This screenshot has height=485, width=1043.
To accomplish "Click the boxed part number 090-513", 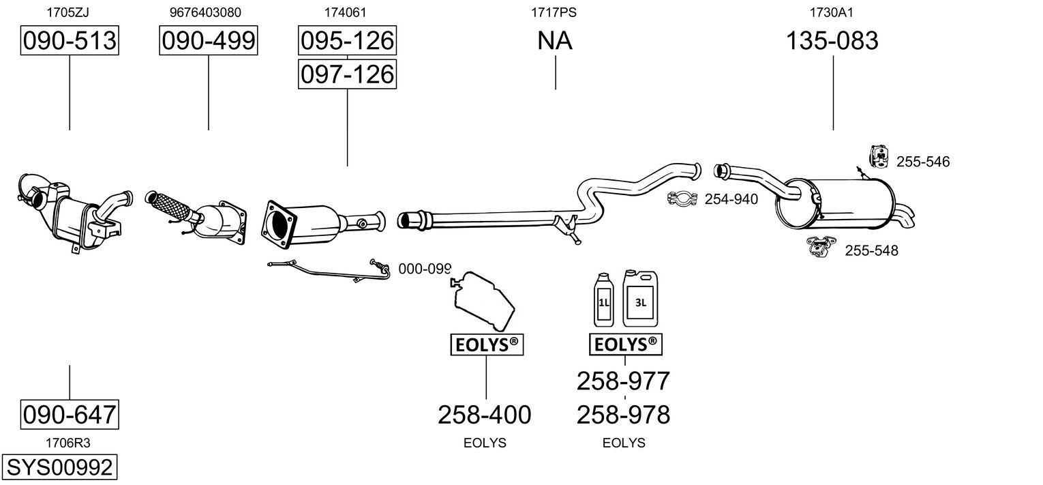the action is pos(70,40).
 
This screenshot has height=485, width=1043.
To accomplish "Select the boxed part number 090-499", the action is pos(208,40).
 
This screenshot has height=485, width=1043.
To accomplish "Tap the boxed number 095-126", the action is pos(347,40).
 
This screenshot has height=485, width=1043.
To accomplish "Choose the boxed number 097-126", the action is pos(347,74).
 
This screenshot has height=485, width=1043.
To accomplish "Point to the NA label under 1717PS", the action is pos(554,40).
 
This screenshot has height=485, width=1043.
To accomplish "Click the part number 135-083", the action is pos(832,40).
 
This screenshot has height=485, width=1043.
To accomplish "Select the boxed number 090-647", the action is pos(70,414).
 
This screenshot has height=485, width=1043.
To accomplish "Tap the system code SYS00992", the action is pos(59,467).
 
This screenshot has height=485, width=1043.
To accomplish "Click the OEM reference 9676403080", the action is pos(205,12).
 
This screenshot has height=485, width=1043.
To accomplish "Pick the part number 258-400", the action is pos(484,415).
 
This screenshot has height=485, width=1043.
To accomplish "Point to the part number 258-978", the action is pos(624,415).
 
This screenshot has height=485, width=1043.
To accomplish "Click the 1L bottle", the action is pos(604,300).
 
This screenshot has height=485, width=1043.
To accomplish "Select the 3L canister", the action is pos(640,299).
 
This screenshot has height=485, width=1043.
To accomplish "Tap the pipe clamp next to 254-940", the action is pos(682,199).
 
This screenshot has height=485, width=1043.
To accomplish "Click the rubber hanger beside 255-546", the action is pos(879,156).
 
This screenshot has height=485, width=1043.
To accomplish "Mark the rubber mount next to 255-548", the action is pos(821,246).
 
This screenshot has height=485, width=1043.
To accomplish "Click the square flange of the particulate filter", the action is pos(278,226).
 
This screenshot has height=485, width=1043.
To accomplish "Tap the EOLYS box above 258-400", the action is pos(487,344).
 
